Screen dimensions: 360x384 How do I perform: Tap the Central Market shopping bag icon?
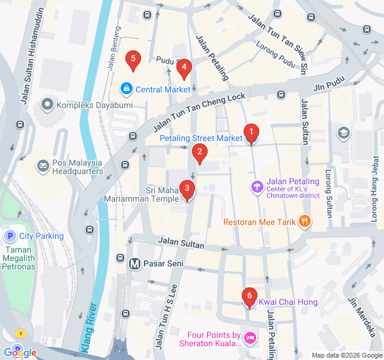[x=127, y=89]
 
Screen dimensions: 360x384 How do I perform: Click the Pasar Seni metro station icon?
[x=134, y=263]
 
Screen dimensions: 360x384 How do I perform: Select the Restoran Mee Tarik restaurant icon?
[x=305, y=221]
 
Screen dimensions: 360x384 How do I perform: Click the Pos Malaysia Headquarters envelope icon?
[x=43, y=165]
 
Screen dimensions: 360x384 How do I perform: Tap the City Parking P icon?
[x=10, y=236]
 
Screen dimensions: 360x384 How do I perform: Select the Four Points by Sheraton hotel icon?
[x=250, y=339]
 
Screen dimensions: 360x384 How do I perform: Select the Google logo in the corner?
[x=19, y=352]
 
